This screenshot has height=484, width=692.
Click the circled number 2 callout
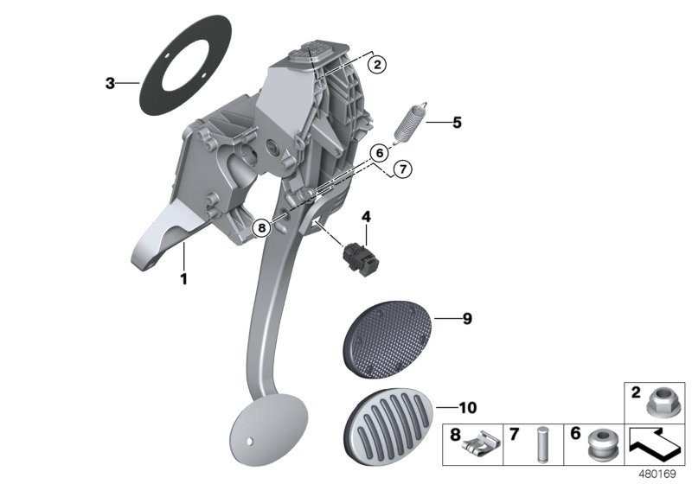click(375, 62)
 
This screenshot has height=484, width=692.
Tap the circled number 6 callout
click(377, 153)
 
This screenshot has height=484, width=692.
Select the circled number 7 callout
click(400, 169)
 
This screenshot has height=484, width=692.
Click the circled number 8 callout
click(263, 228)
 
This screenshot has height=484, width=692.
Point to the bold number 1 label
click(183, 278)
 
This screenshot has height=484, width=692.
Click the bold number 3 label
click(109, 83)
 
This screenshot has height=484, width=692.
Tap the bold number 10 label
click(466, 406)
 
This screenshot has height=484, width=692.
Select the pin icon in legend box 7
click(542, 449)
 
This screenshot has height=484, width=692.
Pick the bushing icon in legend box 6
click(600, 449)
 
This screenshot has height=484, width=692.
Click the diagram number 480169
click(659, 474)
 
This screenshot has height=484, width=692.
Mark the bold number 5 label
click(457, 123)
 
